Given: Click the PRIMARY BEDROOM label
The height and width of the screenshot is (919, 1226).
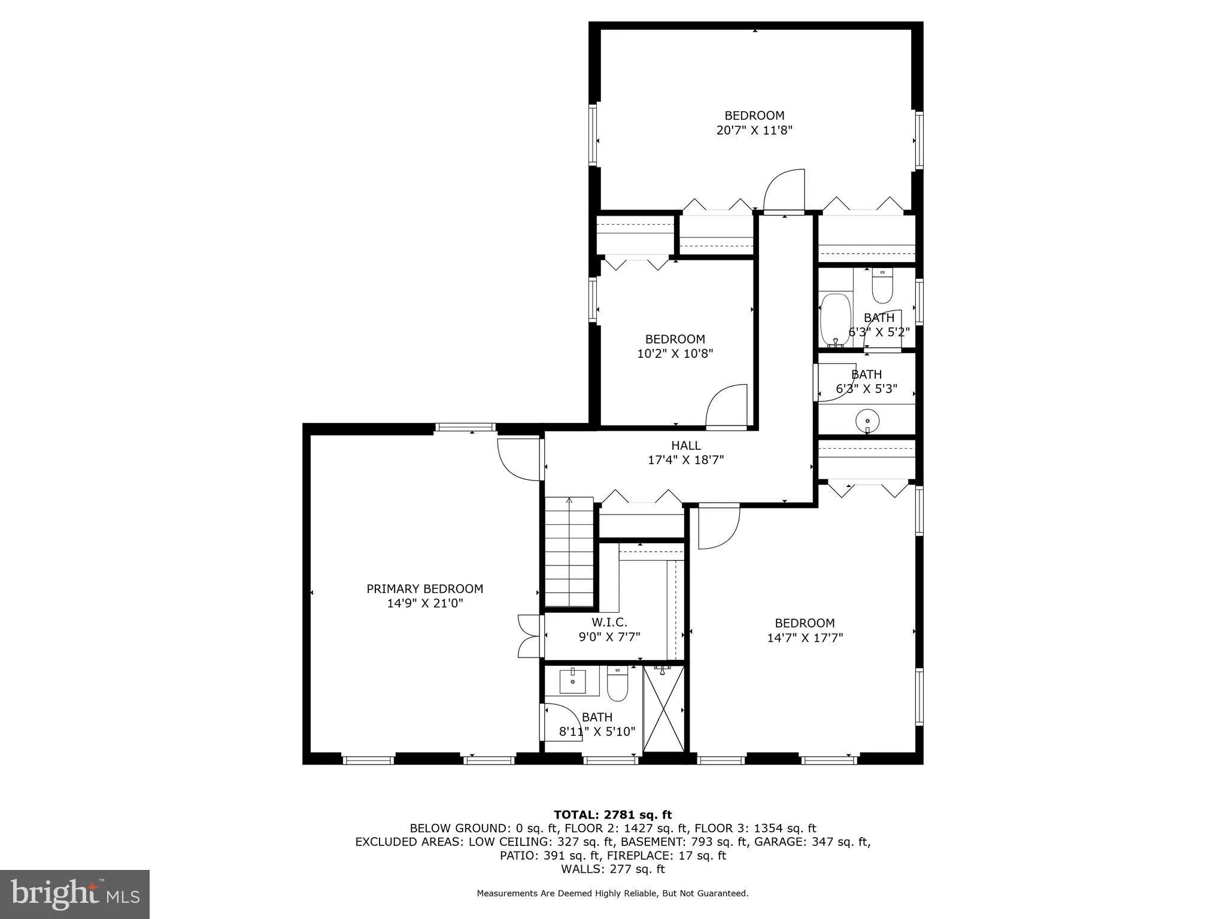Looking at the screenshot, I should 424,589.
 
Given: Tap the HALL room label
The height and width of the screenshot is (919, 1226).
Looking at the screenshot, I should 685,446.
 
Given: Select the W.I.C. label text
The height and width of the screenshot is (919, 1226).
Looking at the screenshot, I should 609,623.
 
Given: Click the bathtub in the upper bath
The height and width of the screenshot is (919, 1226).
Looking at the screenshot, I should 834,319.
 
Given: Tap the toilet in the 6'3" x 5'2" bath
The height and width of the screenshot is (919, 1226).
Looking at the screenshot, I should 882,287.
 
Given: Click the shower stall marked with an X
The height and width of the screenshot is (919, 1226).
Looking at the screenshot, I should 663,708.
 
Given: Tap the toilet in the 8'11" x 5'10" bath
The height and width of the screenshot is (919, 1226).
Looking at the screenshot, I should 617,685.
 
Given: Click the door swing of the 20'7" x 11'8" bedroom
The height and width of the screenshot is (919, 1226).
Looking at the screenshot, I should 784,191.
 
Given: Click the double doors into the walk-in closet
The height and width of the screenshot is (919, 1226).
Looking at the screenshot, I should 529,637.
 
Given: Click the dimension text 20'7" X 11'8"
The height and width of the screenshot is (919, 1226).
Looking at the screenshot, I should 754,130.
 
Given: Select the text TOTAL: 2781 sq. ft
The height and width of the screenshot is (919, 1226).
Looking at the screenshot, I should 612,814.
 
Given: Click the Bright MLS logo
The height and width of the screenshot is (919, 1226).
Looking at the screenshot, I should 75,894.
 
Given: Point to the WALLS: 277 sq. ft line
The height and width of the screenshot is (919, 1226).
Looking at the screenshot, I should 612,869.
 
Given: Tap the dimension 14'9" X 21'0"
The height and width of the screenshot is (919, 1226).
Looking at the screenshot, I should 424,604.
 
